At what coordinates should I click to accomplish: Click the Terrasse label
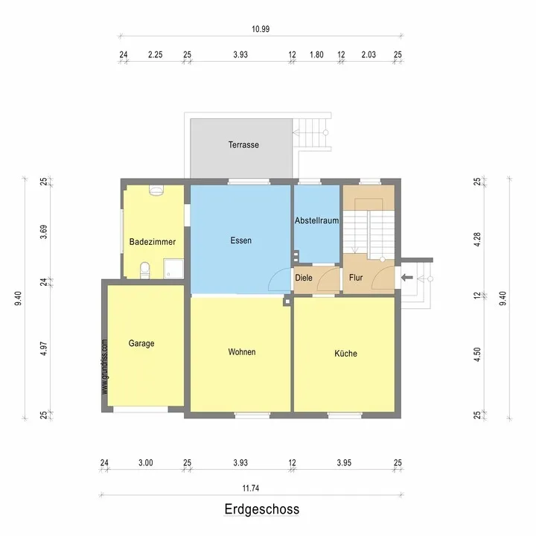(x=243, y=144)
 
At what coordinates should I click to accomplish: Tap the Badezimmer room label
(x=153, y=242)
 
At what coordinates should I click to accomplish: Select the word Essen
(x=241, y=240)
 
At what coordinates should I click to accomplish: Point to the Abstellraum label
(x=317, y=220)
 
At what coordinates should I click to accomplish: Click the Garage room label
(x=141, y=343)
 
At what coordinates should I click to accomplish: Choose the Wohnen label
(x=242, y=351)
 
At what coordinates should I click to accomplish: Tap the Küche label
(x=345, y=353)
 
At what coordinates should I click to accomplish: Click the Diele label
(x=304, y=278)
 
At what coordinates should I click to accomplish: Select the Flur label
(x=356, y=278)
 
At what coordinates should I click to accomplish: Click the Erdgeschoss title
(x=262, y=509)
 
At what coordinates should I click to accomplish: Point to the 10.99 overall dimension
(x=261, y=29)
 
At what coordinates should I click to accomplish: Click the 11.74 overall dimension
(x=251, y=488)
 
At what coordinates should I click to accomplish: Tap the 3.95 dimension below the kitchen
(x=344, y=462)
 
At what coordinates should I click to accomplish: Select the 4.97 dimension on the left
(x=44, y=348)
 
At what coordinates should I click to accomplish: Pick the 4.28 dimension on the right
(x=477, y=239)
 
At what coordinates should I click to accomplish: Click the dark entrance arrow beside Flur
(x=406, y=278)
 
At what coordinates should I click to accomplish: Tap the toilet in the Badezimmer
(x=145, y=270)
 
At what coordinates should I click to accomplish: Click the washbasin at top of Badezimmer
(x=156, y=190)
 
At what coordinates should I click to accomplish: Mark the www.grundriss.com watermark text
(x=105, y=367)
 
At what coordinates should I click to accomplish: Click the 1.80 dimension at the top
(x=316, y=54)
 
